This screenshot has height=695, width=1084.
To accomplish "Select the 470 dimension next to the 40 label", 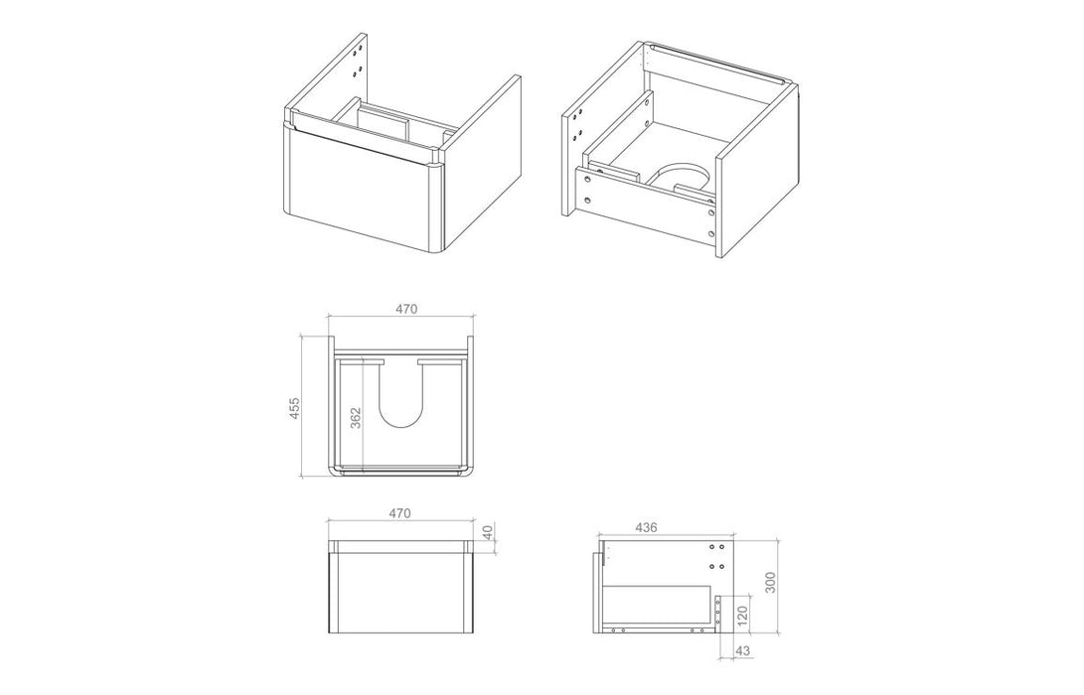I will (x=400, y=514).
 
